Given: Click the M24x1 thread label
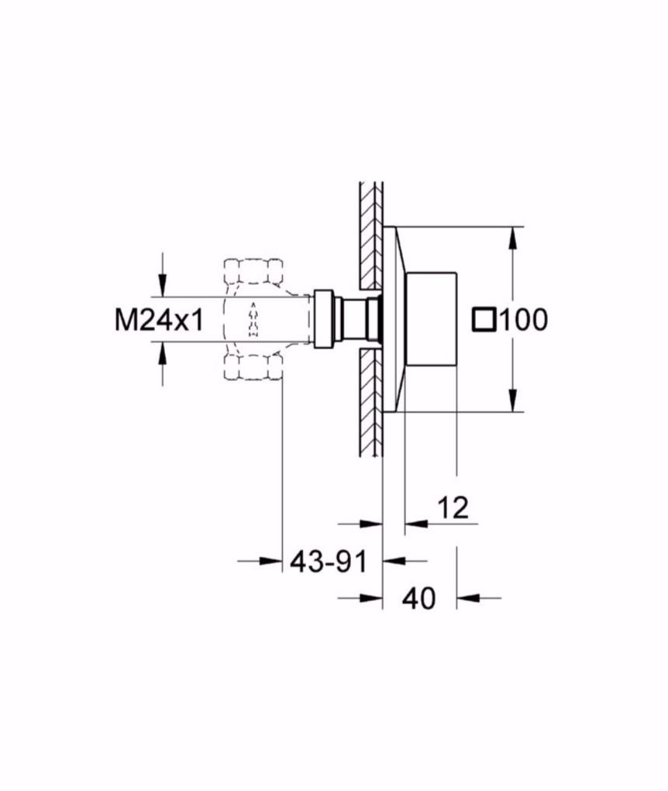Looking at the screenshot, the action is (x=159, y=320).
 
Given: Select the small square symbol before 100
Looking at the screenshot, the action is (x=485, y=320).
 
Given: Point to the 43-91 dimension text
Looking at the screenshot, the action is (x=329, y=561).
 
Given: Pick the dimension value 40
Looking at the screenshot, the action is (x=418, y=599).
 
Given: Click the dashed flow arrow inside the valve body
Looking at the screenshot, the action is (x=253, y=320).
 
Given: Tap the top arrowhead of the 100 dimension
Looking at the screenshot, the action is (x=513, y=238).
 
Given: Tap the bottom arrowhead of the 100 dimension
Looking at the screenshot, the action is (x=513, y=401).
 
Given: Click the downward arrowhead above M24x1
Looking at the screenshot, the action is (x=162, y=285).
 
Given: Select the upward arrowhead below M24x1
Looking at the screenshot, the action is (x=162, y=353).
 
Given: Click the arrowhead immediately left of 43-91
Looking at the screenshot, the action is (x=270, y=560).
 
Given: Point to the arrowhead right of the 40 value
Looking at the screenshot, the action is (x=467, y=598).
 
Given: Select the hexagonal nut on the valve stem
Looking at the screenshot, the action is (x=324, y=319).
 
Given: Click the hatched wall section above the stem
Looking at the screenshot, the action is (x=371, y=236).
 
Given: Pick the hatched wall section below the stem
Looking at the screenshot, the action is (x=371, y=403).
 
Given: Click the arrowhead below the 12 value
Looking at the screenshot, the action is (x=415, y=524).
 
